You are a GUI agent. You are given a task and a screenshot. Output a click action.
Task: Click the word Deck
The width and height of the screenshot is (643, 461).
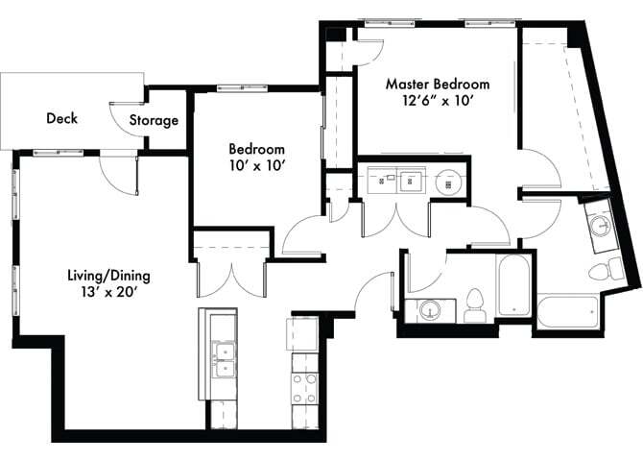(61, 119)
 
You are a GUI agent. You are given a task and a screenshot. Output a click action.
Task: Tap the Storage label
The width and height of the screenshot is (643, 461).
(154, 120)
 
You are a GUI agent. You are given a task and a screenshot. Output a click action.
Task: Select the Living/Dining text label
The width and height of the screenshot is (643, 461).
(107, 276)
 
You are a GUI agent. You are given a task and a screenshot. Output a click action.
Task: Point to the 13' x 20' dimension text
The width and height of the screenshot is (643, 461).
(107, 293)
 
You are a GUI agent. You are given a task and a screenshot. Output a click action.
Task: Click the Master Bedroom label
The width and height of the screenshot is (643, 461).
(437, 84)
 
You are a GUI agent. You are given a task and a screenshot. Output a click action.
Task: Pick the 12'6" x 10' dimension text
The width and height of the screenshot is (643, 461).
(437, 101)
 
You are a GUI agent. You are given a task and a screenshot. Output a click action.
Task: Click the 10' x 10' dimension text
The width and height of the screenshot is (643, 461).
(256, 166)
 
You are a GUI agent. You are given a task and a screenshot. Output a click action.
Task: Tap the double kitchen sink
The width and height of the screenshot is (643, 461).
(224, 356)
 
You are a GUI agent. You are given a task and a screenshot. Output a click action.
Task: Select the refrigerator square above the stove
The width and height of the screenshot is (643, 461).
(303, 334)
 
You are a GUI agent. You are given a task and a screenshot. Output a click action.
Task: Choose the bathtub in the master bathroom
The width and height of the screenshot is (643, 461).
(566, 312)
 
